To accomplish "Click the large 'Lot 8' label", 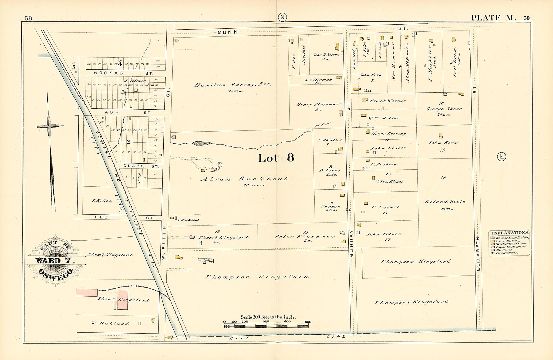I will pyautogui.click(x=276, y=158).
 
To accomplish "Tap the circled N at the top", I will pyautogui.click(x=282, y=18).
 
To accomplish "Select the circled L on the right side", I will pyautogui.click(x=501, y=157).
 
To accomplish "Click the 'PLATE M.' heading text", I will pyautogui.click(x=494, y=18).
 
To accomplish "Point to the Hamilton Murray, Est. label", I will pyautogui.click(x=232, y=85).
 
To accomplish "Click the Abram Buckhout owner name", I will pyautogui.click(x=244, y=179).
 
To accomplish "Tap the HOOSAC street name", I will pyautogui.click(x=108, y=73).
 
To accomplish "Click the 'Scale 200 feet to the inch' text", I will pyautogui.click(x=268, y=317).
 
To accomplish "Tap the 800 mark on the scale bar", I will pyautogui.click(x=308, y=322).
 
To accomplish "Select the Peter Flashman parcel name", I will pyautogui.click(x=305, y=236).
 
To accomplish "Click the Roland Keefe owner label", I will pyautogui.click(x=445, y=201).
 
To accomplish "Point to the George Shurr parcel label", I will pyautogui.click(x=444, y=109).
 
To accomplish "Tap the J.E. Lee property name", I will pyautogui.click(x=101, y=201).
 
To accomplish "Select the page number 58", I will pyautogui.click(x=28, y=18).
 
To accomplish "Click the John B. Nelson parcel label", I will pyautogui.click(x=326, y=55).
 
